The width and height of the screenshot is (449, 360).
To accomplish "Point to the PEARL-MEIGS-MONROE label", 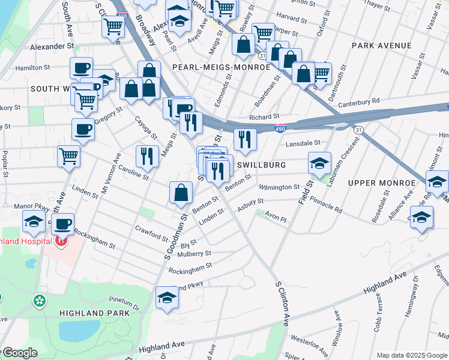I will [221, 67].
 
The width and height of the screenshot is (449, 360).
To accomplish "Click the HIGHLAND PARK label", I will [94, 313].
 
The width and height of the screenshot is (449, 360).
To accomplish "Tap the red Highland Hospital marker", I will [60, 242].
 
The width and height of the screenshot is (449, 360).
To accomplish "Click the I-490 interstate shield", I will [280, 128].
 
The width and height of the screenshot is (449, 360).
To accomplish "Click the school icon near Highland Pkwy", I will [167, 297].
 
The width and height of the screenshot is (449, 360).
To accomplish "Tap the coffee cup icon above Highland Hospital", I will [62, 224].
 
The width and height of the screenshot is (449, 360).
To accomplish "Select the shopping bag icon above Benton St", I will [181, 193].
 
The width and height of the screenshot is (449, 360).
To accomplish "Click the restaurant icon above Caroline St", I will [147, 156].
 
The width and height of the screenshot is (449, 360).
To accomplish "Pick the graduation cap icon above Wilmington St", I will [319, 163].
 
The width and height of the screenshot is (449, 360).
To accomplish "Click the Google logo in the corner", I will [19, 353].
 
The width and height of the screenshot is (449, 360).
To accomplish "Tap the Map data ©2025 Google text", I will [412, 355].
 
